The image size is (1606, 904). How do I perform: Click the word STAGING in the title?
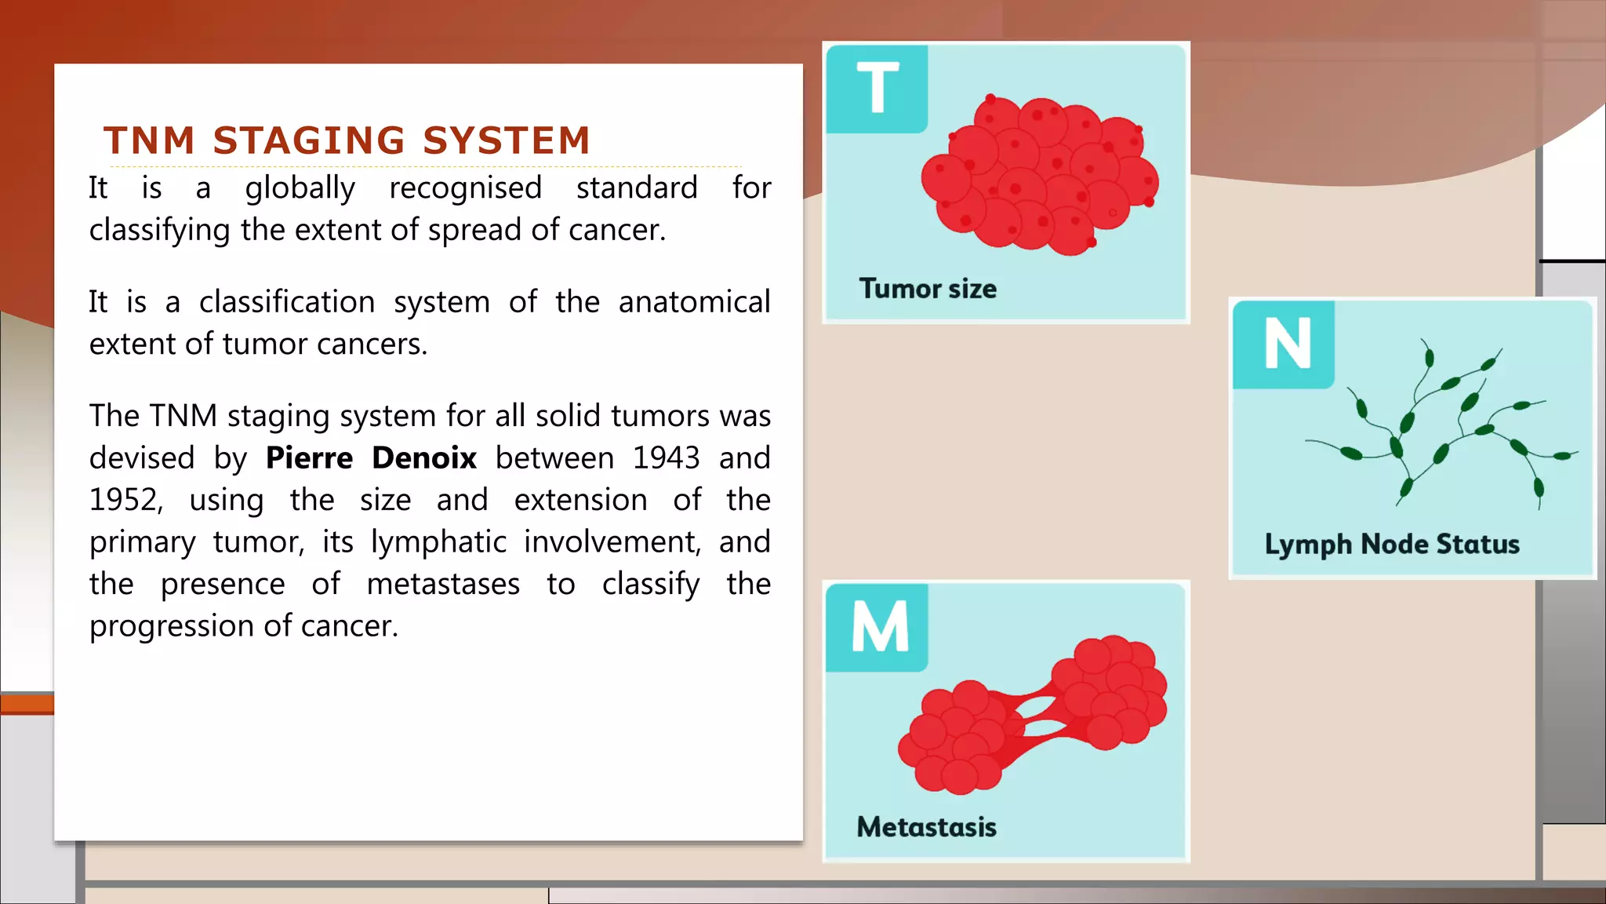click(x=309, y=141)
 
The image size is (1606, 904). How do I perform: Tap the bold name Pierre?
click(x=309, y=458)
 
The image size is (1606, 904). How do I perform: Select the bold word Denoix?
click(x=424, y=458)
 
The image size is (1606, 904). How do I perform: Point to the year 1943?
click(x=666, y=458)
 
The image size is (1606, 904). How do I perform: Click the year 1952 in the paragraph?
click(x=125, y=501)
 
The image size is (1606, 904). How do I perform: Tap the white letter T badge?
click(x=877, y=89)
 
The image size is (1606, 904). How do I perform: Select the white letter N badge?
click(x=1286, y=344)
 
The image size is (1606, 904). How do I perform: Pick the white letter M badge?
click(x=879, y=627)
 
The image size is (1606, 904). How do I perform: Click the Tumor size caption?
click(x=928, y=289)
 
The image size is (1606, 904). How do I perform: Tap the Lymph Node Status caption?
click(x=1392, y=544)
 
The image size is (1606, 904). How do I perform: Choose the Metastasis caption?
click(x=926, y=827)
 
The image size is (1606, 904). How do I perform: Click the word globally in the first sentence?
click(x=300, y=189)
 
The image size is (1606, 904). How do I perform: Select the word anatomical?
click(x=694, y=302)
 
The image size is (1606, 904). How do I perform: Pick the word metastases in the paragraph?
click(x=443, y=585)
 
